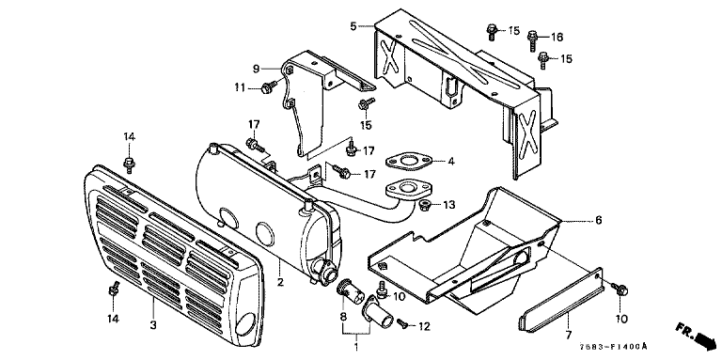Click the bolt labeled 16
coord(533,39)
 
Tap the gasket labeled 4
coord(407,162)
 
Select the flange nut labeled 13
coord(424,204)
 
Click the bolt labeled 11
coord(269,87)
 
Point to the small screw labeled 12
coord(401,324)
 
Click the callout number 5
coord(353,25)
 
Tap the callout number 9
coord(256,69)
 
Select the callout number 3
coord(153,325)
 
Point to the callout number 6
coord(598,221)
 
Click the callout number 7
coord(568,335)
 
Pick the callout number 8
coord(343,317)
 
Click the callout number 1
coord(356,345)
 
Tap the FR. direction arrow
coord(697,337)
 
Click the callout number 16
coord(557,38)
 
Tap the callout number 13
coord(448,204)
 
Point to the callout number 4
coord(451,162)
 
